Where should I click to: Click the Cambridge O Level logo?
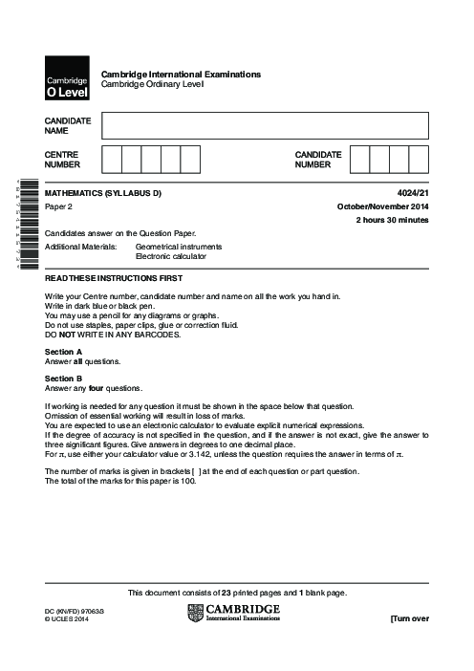66,79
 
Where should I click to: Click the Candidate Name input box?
265,125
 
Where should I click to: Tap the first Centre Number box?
111,158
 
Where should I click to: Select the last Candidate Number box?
419,158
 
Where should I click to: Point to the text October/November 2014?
382,207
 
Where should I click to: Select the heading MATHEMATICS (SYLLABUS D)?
103,194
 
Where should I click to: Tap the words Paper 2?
59,207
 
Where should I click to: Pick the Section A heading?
63,351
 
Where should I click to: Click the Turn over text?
409,619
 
